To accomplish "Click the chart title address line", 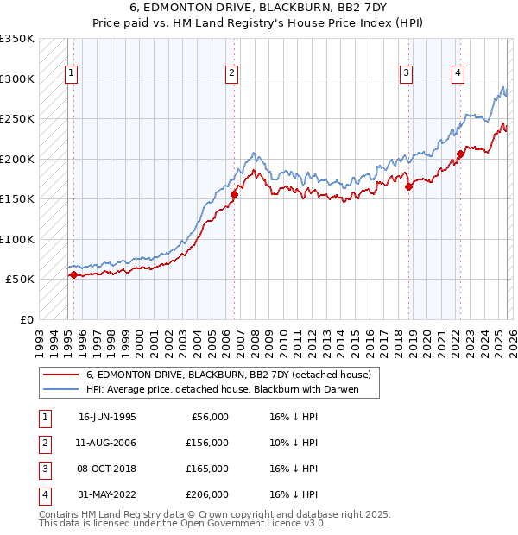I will (259, 9).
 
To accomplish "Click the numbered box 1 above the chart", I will (70, 74).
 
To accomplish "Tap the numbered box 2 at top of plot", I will (232, 74).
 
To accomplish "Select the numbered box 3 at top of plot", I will (406, 74).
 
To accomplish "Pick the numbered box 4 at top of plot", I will (458, 74).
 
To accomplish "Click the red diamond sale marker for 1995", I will (73, 275).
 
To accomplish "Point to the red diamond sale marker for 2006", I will (234, 195).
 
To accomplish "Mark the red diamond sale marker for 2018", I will (408, 186).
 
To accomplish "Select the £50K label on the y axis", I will (20, 280).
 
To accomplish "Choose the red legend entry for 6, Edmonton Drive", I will (229, 374).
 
